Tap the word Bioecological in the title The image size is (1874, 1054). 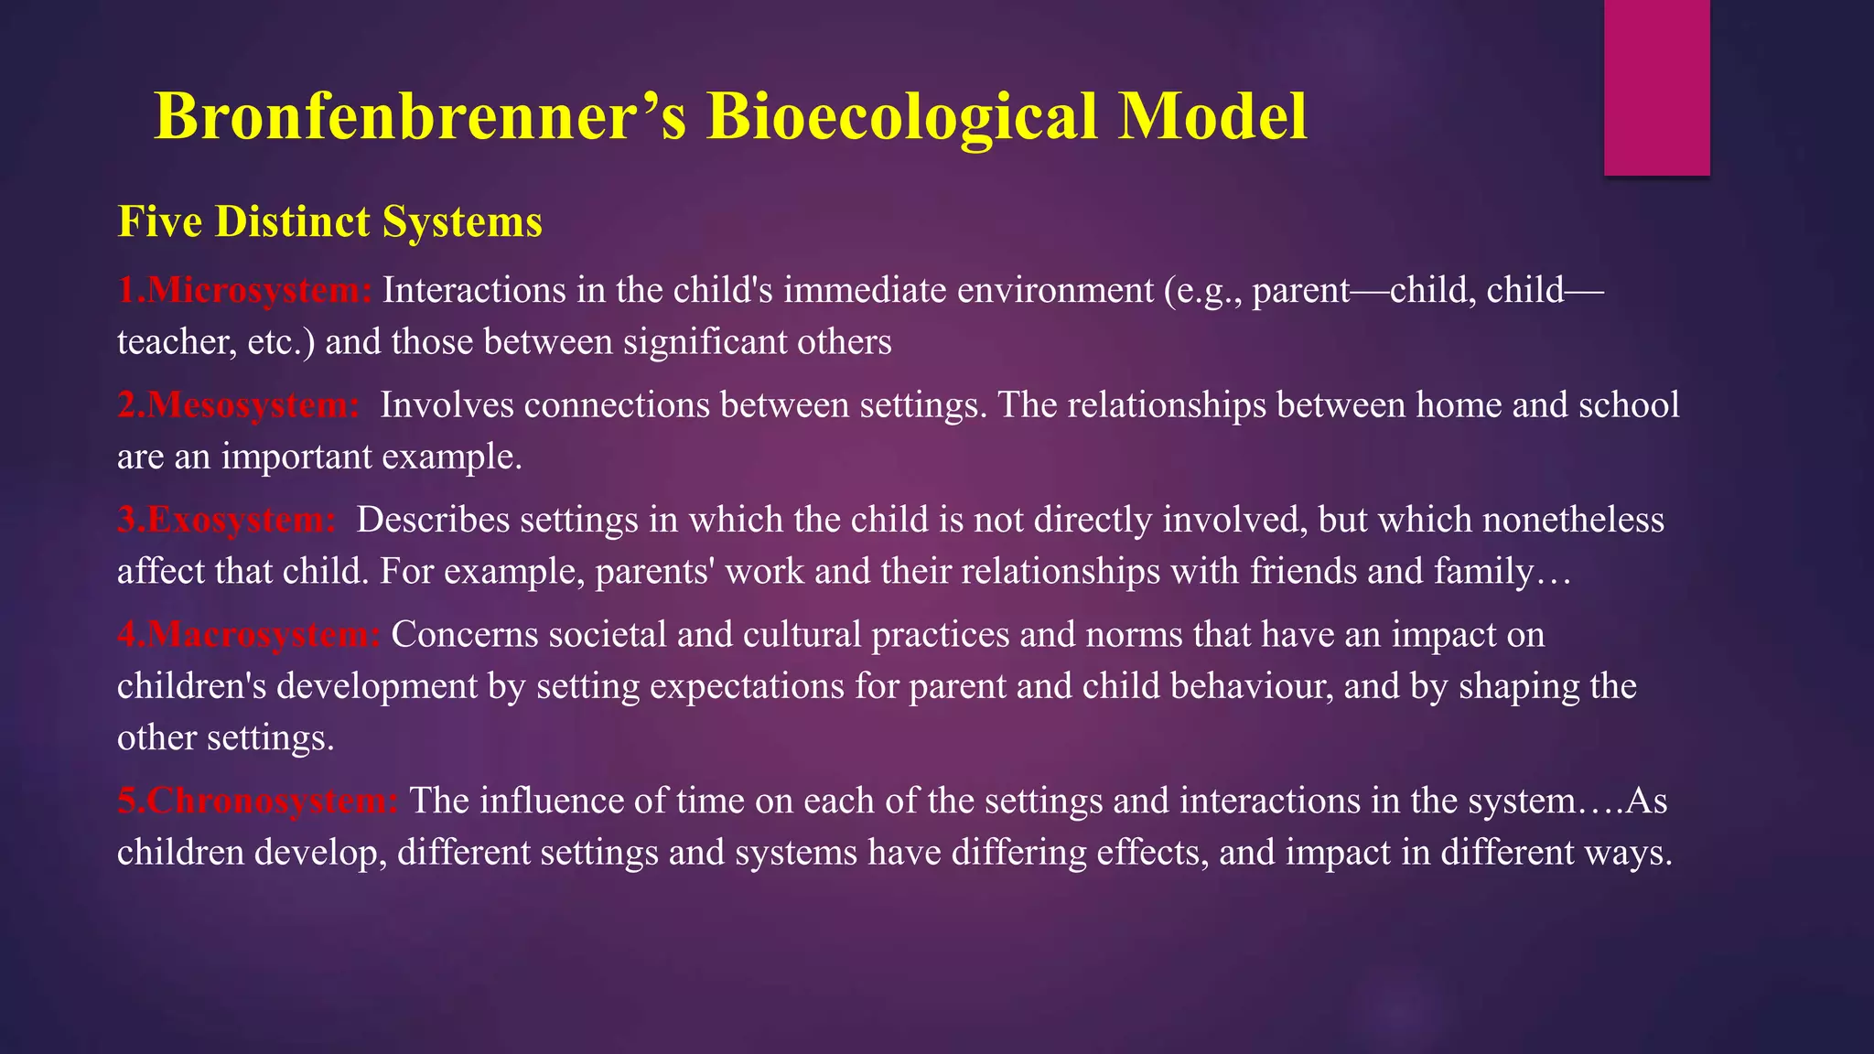tap(901, 117)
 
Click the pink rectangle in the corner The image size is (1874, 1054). tap(1656, 87)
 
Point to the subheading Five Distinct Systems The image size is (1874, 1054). tap(329, 221)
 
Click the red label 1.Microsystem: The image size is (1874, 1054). tap(244, 290)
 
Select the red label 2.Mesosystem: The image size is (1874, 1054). tap(239, 404)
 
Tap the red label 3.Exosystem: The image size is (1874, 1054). tap(227, 520)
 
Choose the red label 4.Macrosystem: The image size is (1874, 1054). tap(248, 634)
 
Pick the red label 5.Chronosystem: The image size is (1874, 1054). tap(257, 801)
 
